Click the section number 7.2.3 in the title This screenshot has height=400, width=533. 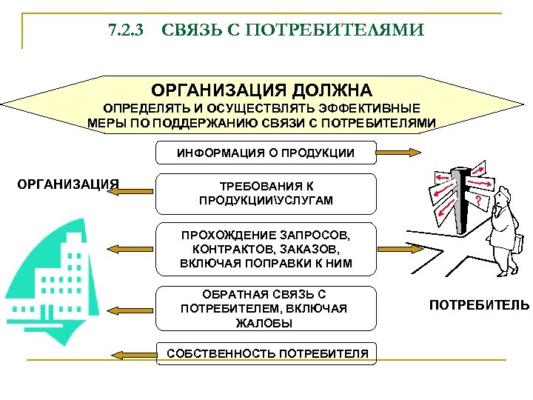point(126,30)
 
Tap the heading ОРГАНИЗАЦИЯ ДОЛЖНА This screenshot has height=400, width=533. point(262,90)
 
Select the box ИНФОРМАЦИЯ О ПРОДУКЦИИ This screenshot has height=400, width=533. point(265,153)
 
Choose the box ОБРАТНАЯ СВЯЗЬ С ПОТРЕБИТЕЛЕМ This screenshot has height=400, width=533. point(266,308)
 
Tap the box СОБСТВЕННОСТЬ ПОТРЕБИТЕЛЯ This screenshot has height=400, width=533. point(266,354)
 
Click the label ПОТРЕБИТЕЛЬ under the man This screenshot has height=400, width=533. point(480,304)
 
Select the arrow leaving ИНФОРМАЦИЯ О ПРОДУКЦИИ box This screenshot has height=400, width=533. point(400,153)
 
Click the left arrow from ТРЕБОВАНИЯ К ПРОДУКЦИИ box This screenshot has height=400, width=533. point(132,191)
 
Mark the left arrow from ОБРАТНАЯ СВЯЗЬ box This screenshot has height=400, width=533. point(132,308)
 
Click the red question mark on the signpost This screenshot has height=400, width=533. point(478,201)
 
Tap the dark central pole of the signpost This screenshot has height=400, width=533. point(463,200)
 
